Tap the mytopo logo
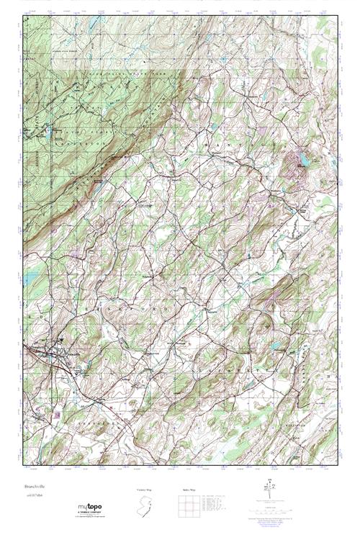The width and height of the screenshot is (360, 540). pos(87,508)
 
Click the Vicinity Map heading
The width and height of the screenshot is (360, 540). pos(144,490)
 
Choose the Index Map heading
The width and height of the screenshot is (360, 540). pos(186,490)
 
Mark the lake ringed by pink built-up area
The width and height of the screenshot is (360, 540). pos(301,159)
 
